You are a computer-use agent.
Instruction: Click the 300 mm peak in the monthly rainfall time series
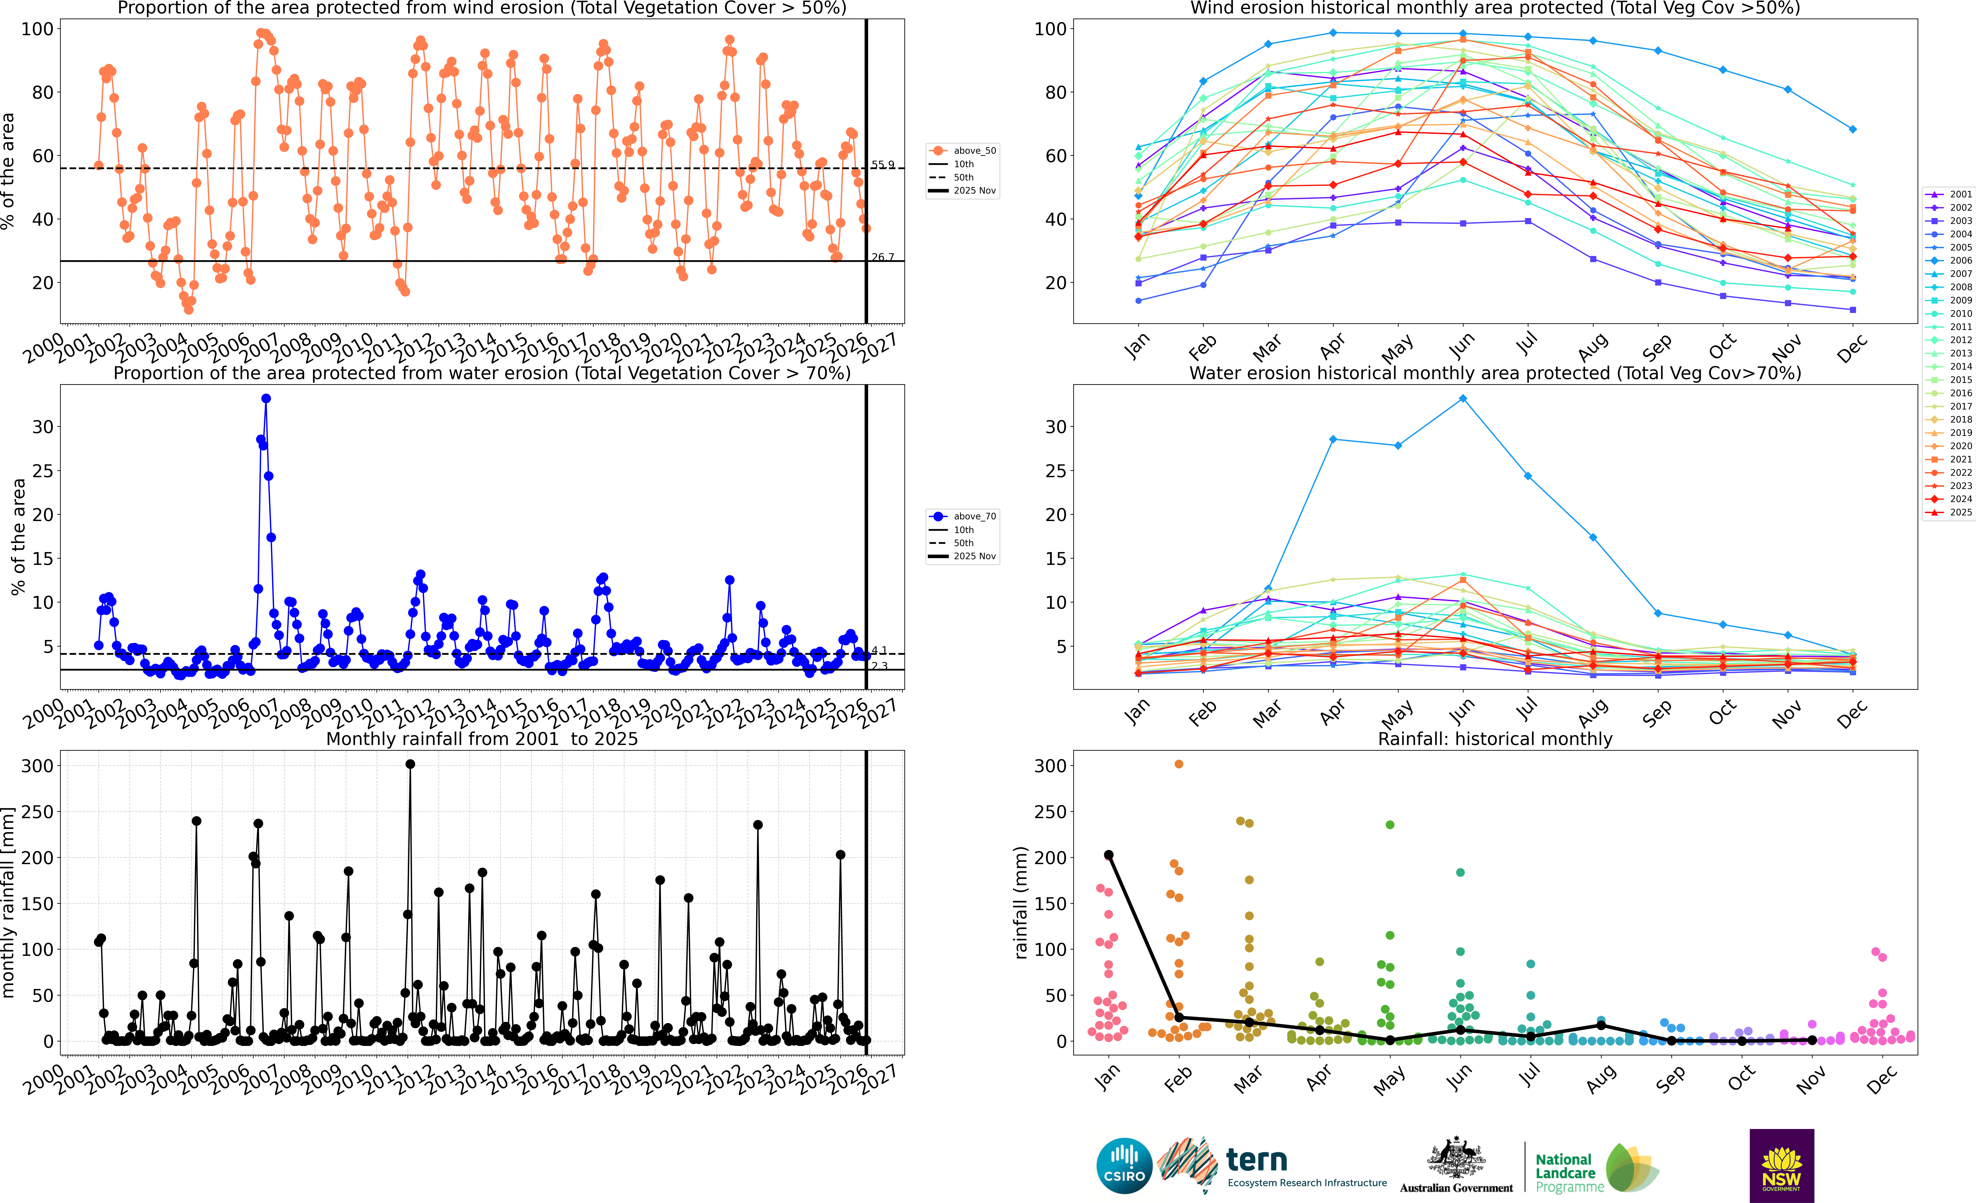[x=410, y=764]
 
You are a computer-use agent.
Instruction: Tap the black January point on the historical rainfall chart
[x=1108, y=855]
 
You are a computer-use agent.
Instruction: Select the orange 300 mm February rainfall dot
[x=1179, y=764]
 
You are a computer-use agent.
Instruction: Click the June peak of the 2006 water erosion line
[x=1463, y=399]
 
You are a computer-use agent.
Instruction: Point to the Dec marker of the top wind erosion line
[x=1852, y=129]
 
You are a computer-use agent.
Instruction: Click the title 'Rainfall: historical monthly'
[x=1495, y=739]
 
